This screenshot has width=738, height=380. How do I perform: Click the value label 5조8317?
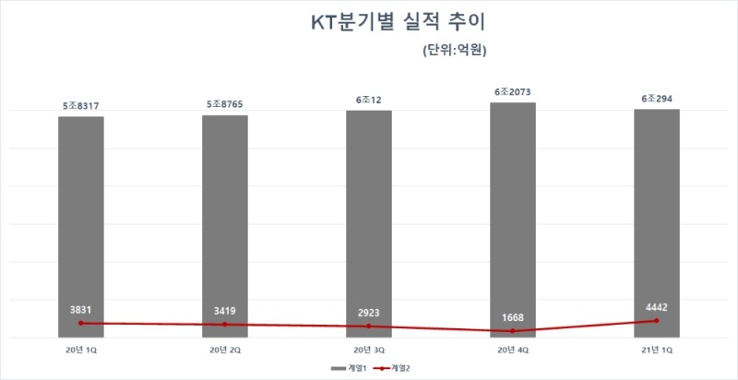pos(81,107)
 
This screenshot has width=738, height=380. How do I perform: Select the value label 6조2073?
pos(513,92)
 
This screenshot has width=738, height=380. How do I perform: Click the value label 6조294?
pos(657,100)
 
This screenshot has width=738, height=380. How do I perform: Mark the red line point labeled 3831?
pos(81,323)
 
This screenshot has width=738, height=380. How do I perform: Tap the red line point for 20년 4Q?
pos(513,331)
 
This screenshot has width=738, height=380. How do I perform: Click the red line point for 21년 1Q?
pos(657,321)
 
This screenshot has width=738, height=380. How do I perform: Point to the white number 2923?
pos(369,313)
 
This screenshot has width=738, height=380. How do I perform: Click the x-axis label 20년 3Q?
pos(369,350)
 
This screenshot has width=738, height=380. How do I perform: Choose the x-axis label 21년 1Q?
pos(657,350)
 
